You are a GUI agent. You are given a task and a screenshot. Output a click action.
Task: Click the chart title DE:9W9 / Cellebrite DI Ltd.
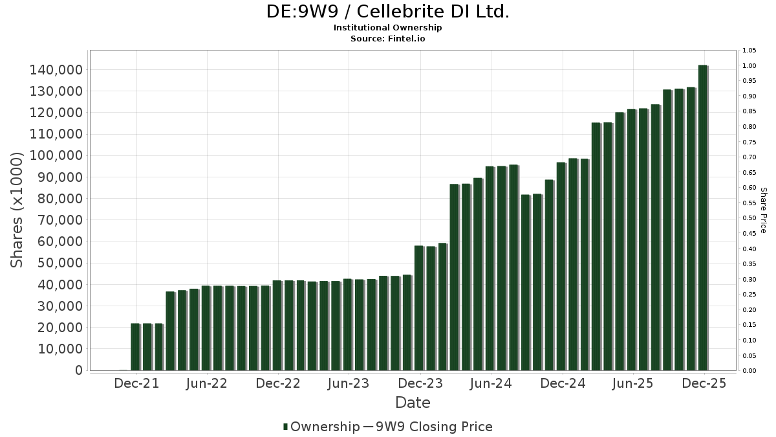[x=387, y=12]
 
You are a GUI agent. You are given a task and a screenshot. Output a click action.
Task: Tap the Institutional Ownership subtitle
[x=387, y=28]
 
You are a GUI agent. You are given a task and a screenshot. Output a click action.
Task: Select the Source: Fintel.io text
[x=387, y=39]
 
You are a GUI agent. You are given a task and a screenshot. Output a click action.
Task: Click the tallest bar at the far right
[x=702, y=218]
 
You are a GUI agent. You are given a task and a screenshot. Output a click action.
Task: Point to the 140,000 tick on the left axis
[x=57, y=70]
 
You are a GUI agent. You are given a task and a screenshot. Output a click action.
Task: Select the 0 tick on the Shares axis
[x=78, y=370]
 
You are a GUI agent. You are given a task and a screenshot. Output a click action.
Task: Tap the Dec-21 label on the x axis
[x=136, y=383]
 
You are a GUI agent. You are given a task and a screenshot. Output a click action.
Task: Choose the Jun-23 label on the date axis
[x=349, y=383]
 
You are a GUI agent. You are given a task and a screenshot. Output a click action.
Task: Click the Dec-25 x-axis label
[x=705, y=383]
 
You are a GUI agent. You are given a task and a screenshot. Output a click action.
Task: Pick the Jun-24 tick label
[x=491, y=383]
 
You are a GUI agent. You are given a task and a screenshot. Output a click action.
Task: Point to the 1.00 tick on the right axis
[x=749, y=66]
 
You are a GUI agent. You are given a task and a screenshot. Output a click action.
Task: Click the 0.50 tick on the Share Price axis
[x=749, y=218]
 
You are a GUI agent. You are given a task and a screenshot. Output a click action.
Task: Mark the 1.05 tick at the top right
[x=749, y=50]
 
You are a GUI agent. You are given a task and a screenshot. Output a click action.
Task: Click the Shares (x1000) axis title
[x=17, y=210]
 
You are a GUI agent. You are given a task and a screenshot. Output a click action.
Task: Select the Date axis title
[x=413, y=403]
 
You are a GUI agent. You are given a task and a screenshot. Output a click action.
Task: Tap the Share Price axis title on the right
[x=763, y=210]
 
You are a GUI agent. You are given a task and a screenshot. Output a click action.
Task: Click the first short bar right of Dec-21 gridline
[x=147, y=347]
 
